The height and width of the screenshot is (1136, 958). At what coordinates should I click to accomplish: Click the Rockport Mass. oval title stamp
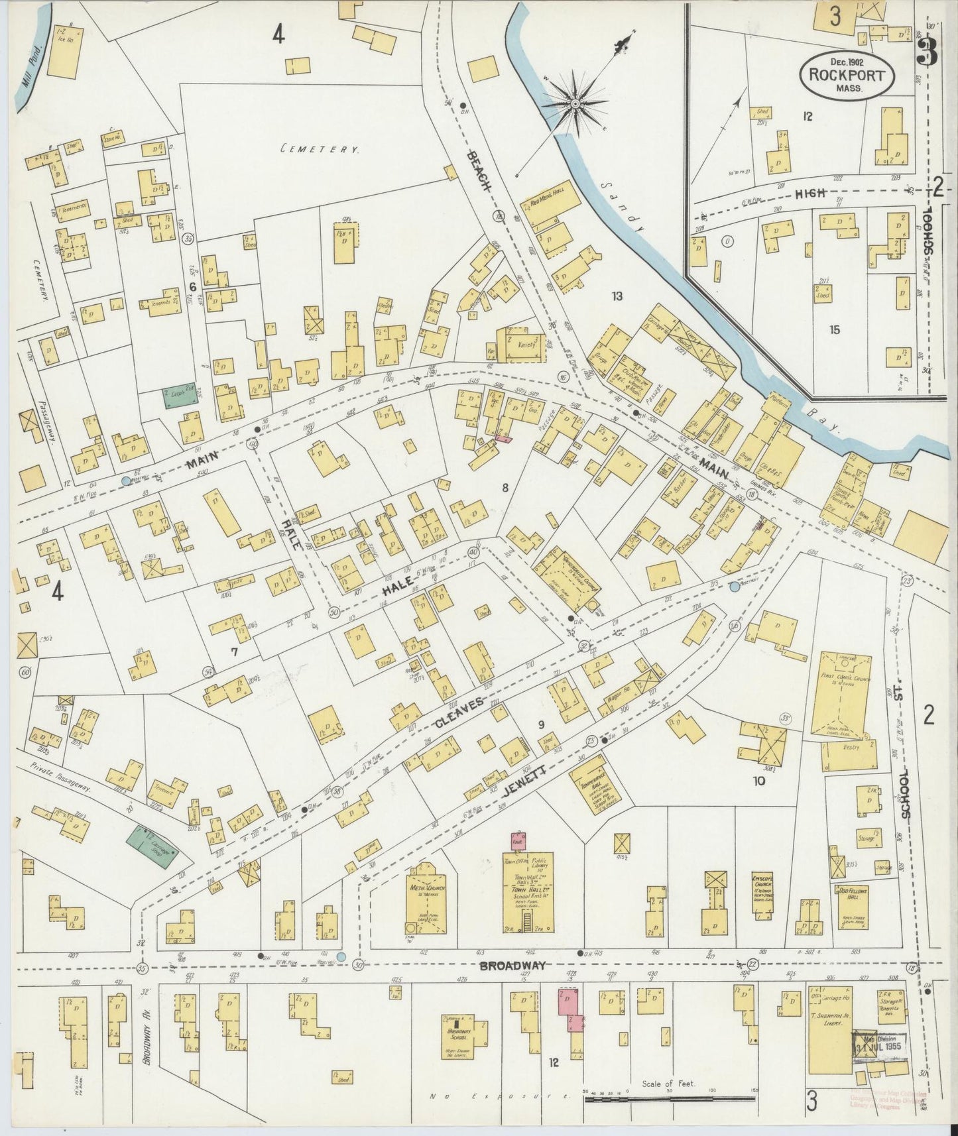[847, 74]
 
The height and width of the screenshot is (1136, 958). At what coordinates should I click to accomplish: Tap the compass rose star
[575, 104]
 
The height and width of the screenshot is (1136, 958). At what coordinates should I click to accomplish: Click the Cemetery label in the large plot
[320, 150]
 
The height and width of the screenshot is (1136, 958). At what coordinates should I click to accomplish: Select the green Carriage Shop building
[154, 843]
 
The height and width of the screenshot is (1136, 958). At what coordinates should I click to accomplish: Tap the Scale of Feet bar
[670, 1098]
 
